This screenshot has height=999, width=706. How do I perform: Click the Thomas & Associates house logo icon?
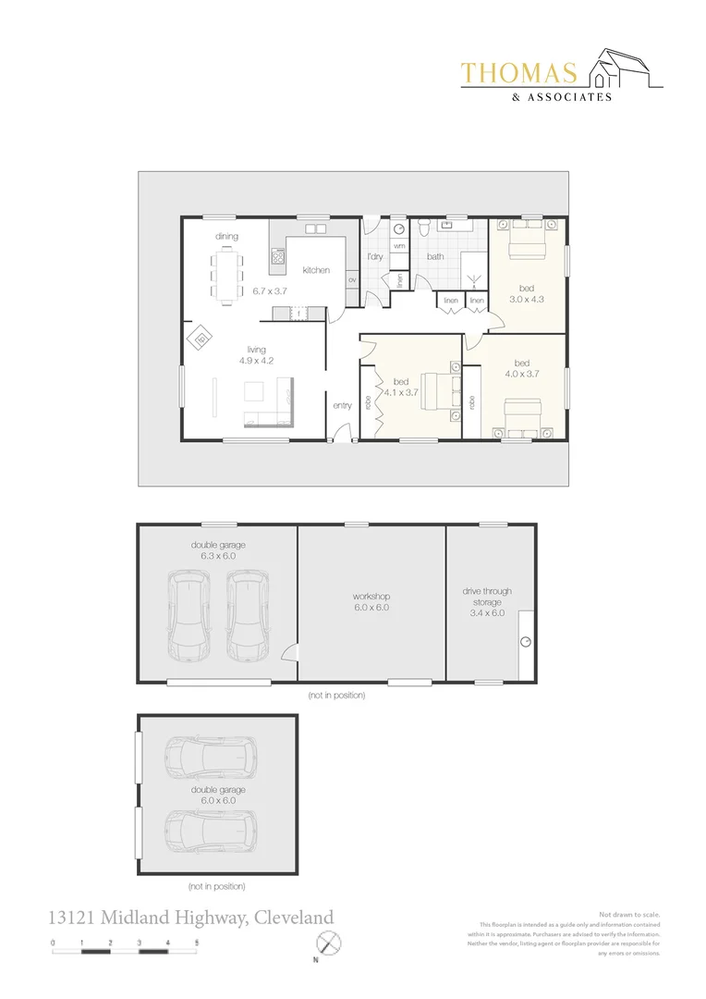click(627, 68)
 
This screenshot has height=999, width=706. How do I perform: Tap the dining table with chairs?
click(226, 275)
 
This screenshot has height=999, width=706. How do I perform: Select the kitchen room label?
click(316, 270)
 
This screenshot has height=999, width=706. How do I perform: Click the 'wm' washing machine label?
click(398, 246)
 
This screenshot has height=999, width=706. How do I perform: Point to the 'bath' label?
click(435, 256)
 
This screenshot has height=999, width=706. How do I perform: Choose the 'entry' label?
click(343, 405)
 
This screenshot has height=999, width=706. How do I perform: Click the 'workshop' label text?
click(371, 597)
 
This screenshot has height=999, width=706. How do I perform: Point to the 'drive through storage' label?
click(487, 597)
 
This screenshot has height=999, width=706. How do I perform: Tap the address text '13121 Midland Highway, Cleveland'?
click(190, 918)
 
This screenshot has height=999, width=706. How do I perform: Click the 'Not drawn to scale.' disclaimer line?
click(629, 914)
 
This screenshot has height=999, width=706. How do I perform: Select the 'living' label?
click(256, 350)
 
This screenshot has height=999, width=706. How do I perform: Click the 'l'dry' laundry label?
click(375, 256)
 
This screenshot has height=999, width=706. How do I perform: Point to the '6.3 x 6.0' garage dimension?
click(218, 557)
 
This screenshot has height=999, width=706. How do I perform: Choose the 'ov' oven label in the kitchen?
click(352, 278)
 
